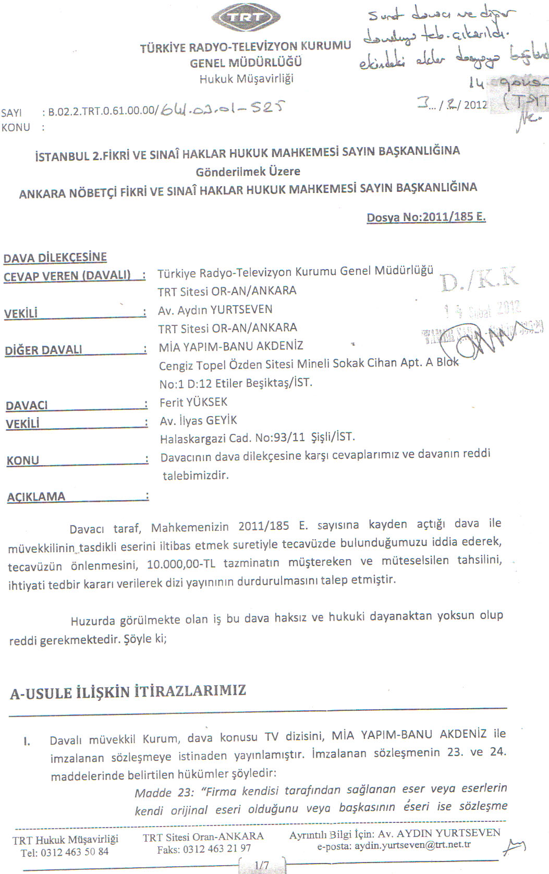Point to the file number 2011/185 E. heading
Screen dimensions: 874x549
click(x=426, y=217)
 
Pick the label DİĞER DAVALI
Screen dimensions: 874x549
click(x=44, y=350)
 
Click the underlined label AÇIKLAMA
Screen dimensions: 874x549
click(x=36, y=496)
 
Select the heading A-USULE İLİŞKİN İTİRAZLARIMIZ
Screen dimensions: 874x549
click(x=128, y=692)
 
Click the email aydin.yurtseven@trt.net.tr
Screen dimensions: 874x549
click(x=412, y=845)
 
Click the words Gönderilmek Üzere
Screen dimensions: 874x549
click(x=248, y=172)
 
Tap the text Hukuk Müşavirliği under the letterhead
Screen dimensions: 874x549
click(x=246, y=79)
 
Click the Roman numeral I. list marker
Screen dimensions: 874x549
click(x=26, y=741)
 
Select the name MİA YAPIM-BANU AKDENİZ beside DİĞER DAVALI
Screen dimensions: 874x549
click(x=231, y=346)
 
